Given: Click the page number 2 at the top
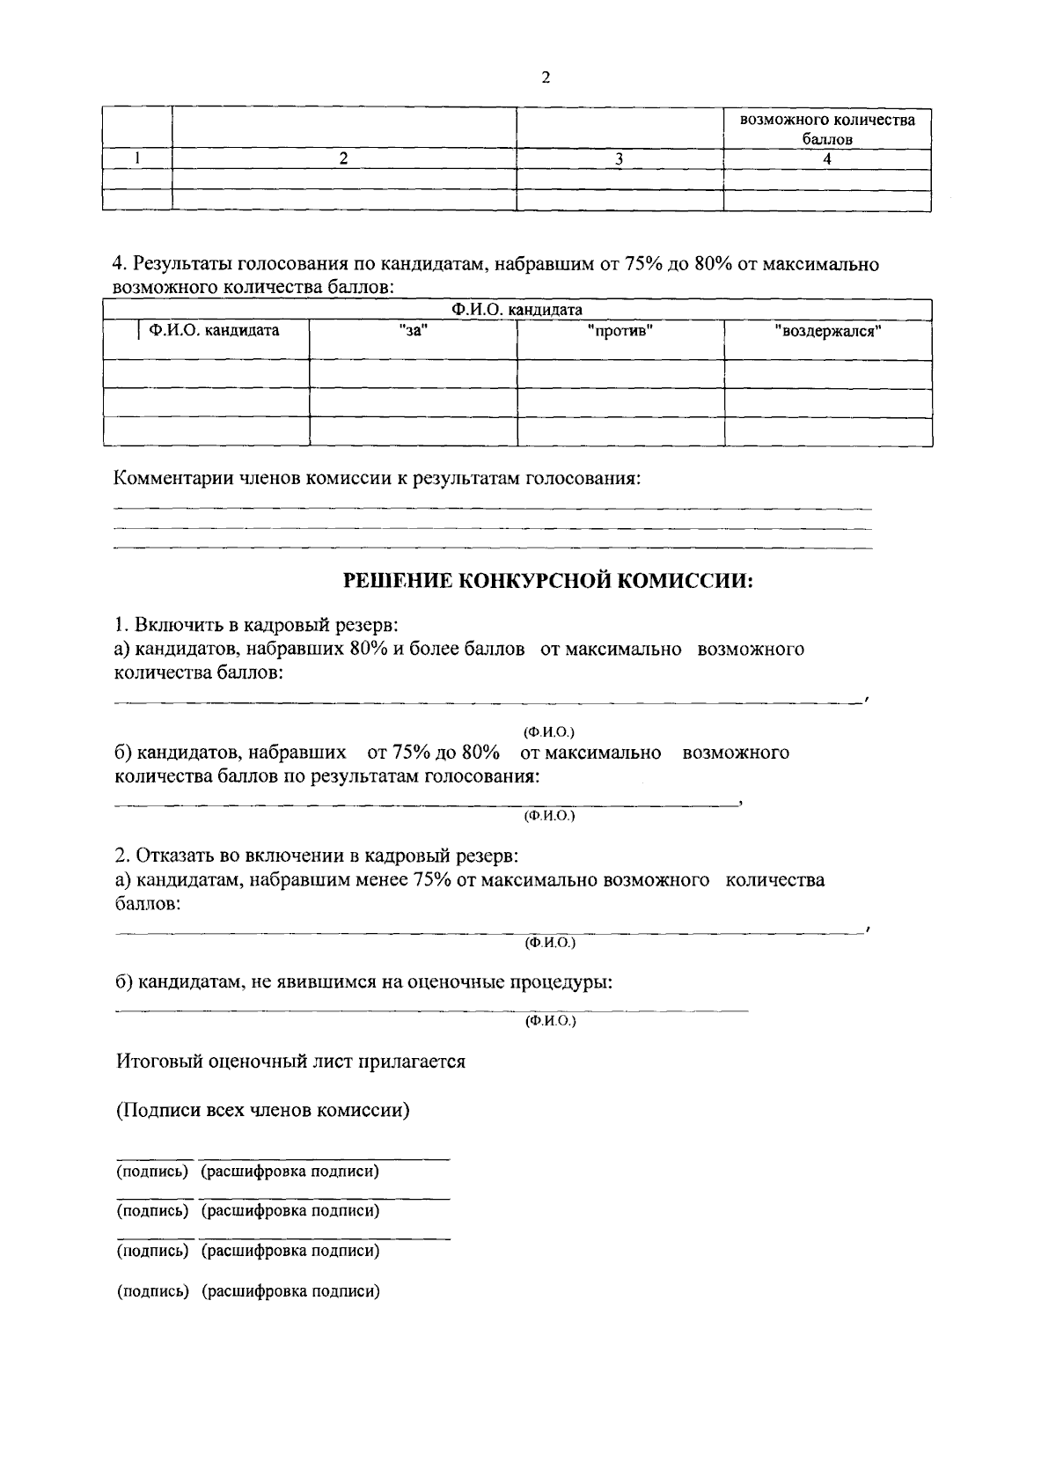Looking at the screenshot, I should [x=546, y=77].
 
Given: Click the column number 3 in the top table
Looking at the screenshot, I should [x=620, y=159].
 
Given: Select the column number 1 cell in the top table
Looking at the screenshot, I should [x=137, y=158].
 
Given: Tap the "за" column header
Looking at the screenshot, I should [x=413, y=331].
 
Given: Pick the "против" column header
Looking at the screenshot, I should [x=620, y=331].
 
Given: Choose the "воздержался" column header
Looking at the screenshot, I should [x=828, y=331].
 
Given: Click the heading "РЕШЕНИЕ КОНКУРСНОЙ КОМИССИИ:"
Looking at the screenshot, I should [x=547, y=581].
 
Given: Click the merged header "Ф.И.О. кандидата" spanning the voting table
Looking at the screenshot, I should [x=517, y=310].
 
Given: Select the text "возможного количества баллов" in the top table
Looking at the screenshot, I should [x=827, y=129].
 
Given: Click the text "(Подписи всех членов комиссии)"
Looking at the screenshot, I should [x=264, y=1110].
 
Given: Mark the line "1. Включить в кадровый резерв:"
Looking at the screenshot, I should [x=256, y=626].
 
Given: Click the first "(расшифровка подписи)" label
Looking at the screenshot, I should [x=290, y=1172].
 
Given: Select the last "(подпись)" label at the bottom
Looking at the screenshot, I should [x=153, y=1291].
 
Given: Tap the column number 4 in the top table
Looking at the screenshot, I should [x=827, y=159].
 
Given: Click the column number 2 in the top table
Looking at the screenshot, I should [x=344, y=158].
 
